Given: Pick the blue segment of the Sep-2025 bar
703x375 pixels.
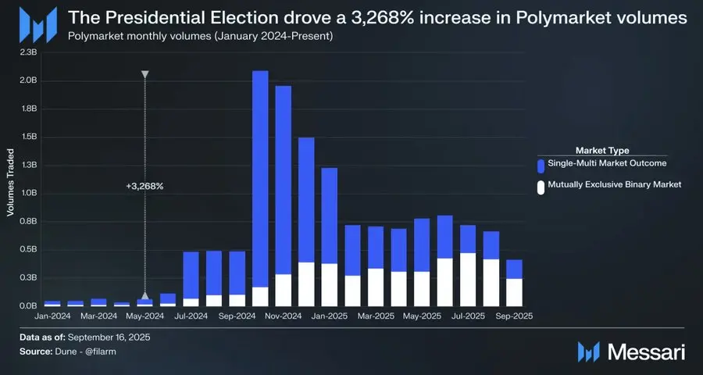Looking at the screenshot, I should [514, 269].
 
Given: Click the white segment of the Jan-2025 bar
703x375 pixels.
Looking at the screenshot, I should [330, 284].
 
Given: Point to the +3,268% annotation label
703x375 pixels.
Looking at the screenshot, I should [145, 187].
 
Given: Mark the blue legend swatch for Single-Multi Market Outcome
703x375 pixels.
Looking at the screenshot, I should [541, 165].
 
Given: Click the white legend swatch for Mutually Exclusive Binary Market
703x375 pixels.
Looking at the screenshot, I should [541, 187].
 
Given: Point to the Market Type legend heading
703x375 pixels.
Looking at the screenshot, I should [602, 150].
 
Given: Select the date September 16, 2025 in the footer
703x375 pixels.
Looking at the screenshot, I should [109, 337].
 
